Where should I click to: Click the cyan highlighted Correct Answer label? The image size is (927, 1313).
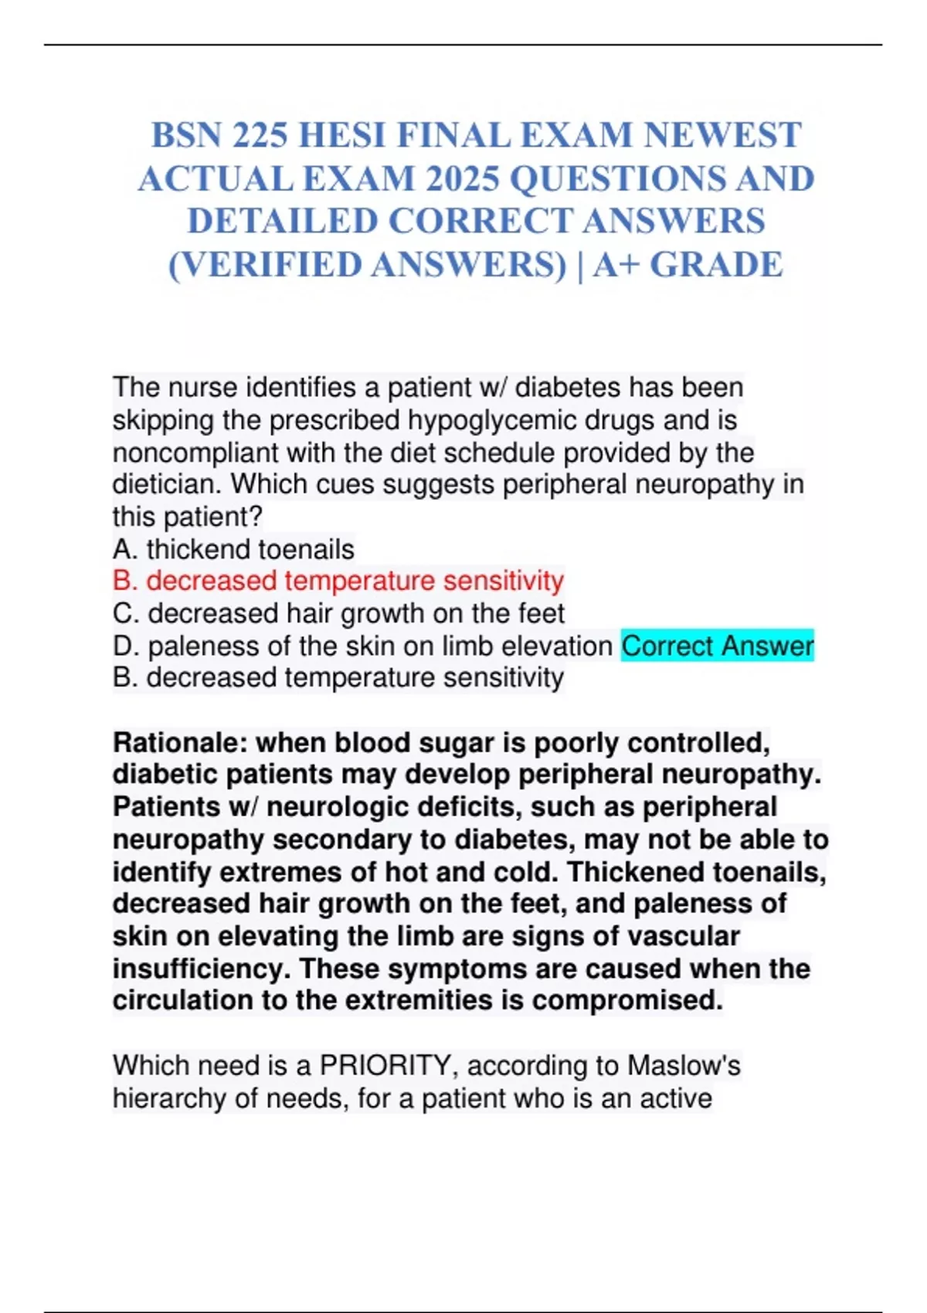coord(717,646)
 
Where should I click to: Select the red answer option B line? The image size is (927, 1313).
coord(338,581)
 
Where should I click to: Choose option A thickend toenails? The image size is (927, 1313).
coord(233,549)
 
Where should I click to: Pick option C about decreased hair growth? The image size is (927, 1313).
coord(338,613)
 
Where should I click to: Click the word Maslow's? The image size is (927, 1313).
coord(683,1066)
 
